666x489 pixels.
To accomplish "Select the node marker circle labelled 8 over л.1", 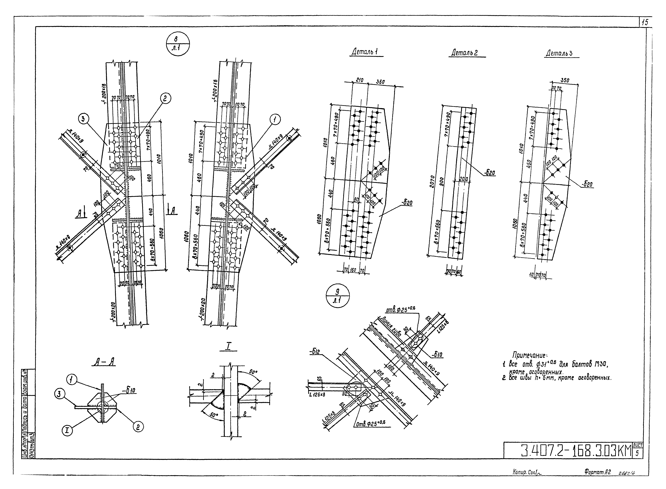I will pos(178,44).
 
